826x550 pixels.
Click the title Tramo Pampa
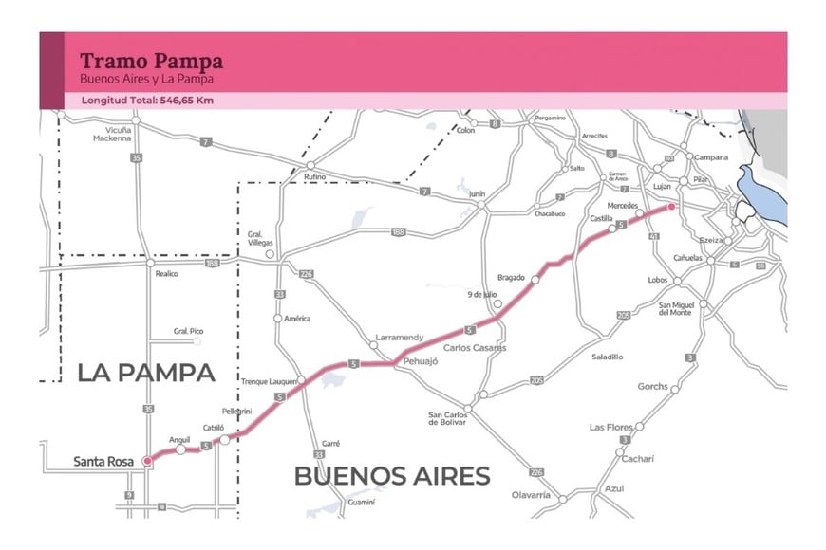[152, 62]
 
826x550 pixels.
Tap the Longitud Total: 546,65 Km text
[147, 100]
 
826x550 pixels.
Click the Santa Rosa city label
[103, 463]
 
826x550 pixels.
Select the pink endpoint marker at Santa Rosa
[146, 461]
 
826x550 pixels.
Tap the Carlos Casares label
[475, 348]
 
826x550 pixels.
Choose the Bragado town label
[511, 278]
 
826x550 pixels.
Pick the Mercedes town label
[621, 205]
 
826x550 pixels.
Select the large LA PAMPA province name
[145, 373]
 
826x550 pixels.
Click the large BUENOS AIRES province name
[391, 475]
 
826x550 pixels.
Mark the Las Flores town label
[610, 428]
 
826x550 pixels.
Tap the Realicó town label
[167, 273]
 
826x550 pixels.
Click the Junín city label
[478, 193]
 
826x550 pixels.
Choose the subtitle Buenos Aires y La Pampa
[146, 79]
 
